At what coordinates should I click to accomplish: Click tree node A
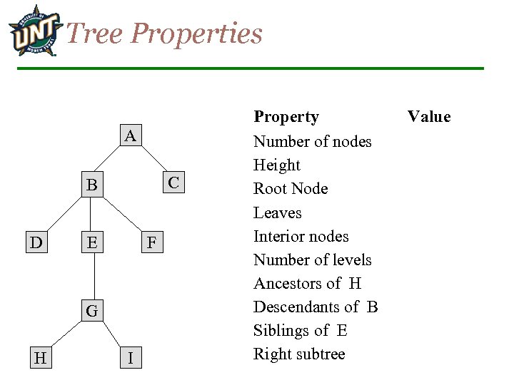tap(129, 135)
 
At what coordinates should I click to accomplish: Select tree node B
tap(91, 185)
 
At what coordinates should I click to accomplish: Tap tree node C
tap(173, 182)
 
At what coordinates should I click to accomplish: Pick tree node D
tap(36, 242)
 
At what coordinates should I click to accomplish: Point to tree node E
tap(91, 242)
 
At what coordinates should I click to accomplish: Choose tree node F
tap(151, 242)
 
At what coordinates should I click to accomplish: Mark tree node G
tap(91, 310)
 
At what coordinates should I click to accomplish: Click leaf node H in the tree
tap(40, 358)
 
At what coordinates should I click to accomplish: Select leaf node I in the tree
tap(129, 358)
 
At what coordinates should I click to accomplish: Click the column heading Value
tap(429, 116)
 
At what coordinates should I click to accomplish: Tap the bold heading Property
tap(286, 116)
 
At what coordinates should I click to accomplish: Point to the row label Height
tap(277, 165)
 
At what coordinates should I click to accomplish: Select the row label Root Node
tap(291, 189)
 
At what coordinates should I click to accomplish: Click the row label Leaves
tap(278, 212)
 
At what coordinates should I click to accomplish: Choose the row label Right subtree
tap(299, 354)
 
